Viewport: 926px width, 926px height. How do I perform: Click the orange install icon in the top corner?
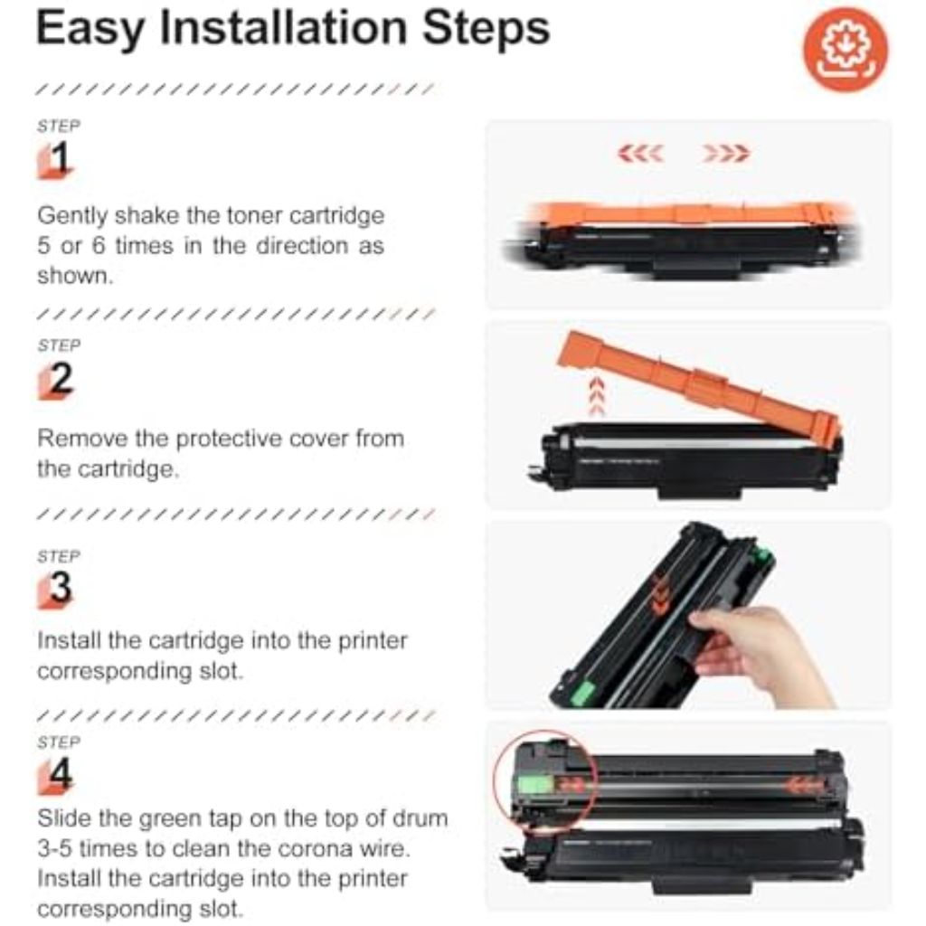pos(846,50)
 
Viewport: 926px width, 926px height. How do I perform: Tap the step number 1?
pos(60,160)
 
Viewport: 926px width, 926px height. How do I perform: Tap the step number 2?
pos(61,380)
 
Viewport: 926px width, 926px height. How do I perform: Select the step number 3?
pos(61,589)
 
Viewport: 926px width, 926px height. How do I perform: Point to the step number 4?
pos(61,775)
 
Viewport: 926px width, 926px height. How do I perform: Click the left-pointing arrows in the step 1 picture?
pos(641,155)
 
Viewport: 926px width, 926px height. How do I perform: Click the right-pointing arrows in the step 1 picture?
pos(726,155)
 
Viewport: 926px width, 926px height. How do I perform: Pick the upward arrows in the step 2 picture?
pos(596,396)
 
